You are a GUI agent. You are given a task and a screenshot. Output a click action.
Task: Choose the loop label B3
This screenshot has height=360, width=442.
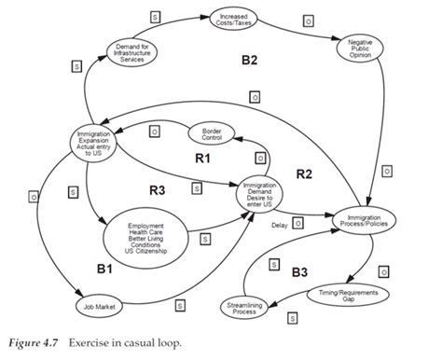pyautogui.click(x=298, y=273)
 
